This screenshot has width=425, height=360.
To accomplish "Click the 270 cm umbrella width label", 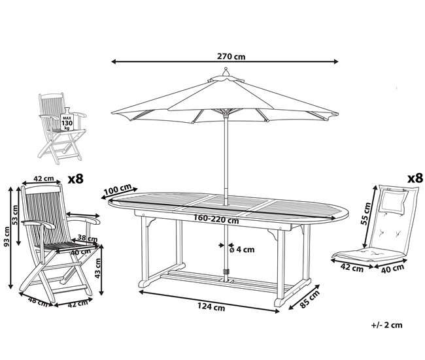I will click(231, 56).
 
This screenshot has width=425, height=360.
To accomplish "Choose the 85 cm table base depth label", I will click(309, 298).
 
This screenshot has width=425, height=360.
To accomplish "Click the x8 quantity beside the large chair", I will click(77, 178).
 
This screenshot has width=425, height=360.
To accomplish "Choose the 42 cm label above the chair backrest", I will click(43, 178).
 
